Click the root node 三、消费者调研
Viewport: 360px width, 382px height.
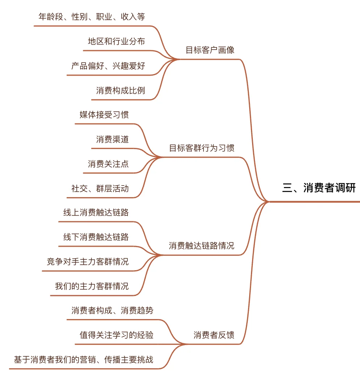coord(319,188)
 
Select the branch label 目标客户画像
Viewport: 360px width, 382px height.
coord(210,50)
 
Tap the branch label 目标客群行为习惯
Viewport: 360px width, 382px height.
coord(202,148)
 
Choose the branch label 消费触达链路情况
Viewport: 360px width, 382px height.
coord(201,246)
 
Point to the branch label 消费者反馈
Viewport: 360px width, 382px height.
coord(214,335)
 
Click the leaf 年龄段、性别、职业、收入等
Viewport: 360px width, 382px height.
coord(92,17)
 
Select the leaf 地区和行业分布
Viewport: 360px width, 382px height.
coord(116,42)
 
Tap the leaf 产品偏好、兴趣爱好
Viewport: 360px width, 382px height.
coord(108,66)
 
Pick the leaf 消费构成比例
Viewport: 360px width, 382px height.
coord(121,90)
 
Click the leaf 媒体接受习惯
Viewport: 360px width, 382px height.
coord(104,115)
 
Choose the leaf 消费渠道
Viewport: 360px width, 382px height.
coord(112,139)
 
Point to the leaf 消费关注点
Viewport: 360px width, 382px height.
coord(108,164)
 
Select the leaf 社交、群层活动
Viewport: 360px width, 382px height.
coord(100,188)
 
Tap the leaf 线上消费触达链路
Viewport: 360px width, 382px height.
coord(96,213)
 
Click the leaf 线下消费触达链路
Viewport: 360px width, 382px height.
coord(96,237)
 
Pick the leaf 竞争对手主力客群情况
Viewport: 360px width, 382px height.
coord(88,262)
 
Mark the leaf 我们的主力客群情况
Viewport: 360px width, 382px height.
coord(92,286)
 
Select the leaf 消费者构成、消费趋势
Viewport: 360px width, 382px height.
coord(112,311)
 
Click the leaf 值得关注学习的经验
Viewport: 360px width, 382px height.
coord(117,335)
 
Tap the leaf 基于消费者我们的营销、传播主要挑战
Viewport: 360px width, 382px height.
coord(84,360)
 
